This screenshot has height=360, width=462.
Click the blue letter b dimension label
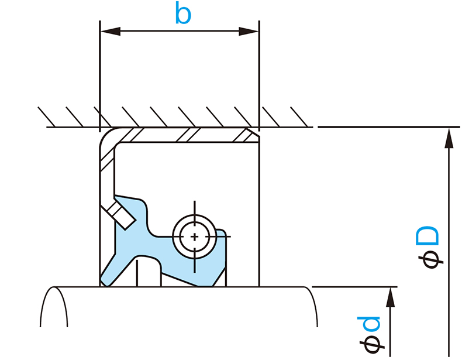pyautogui.click(x=183, y=14)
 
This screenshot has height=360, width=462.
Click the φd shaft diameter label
pyautogui.click(x=373, y=335)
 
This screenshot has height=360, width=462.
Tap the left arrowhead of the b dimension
pyautogui.click(x=109, y=30)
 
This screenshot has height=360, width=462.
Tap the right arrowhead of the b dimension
pyautogui.click(x=250, y=30)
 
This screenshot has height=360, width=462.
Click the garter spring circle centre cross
pyautogui.click(x=194, y=236)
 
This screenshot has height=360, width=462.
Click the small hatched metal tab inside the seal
pyautogui.click(x=122, y=212)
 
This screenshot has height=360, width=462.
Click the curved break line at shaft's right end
pyautogui.click(x=313, y=307)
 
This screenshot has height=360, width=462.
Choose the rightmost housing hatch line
pyautogui.click(x=299, y=116)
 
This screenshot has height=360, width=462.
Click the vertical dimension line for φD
pyautogui.click(x=448, y=246)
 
